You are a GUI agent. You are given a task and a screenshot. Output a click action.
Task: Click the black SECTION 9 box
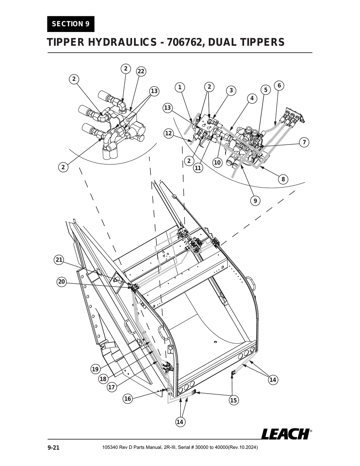click(x=70, y=24)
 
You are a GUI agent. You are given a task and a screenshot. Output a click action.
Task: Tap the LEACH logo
click(x=286, y=434)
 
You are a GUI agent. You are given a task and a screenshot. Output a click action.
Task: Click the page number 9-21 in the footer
click(x=53, y=448)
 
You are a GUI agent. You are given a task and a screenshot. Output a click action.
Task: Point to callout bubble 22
click(x=141, y=71)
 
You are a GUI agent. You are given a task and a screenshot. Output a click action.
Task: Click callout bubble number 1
click(x=180, y=87)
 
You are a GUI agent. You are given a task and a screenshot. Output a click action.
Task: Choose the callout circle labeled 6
click(x=279, y=85)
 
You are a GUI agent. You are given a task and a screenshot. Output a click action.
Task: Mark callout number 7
click(x=304, y=142)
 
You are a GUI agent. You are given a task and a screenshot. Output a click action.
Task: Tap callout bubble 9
click(x=255, y=201)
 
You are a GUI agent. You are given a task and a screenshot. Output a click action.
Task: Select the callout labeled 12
click(x=169, y=133)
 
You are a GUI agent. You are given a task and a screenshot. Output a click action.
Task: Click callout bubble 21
click(x=59, y=260)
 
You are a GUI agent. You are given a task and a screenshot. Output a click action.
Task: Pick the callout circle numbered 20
click(x=62, y=281)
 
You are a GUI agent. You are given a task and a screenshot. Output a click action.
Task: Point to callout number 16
click(x=128, y=398)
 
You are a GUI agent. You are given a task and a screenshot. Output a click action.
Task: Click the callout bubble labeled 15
click(x=233, y=400)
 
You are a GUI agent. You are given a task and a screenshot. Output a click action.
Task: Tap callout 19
click(x=95, y=369)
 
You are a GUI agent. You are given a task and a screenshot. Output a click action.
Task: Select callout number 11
click(x=198, y=168)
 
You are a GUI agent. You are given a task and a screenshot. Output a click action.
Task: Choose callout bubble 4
click(x=252, y=98)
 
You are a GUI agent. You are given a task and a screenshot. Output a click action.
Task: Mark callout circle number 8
click(x=283, y=179)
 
